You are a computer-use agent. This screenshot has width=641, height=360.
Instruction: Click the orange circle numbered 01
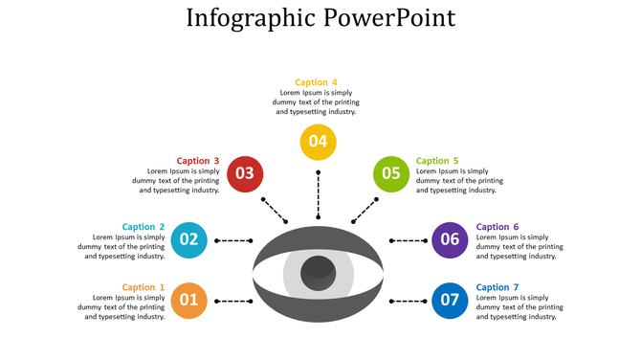tap(189, 301)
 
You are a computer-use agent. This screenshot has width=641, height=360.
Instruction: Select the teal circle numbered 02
tap(189, 239)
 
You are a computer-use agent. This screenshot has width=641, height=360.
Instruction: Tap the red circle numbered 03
tap(245, 173)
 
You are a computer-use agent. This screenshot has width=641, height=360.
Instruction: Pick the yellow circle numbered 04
tap(318, 142)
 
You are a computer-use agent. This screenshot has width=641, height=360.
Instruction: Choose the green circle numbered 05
tap(391, 173)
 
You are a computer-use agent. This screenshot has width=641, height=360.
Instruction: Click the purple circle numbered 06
tap(450, 239)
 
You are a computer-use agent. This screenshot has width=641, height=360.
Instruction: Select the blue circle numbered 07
tap(450, 301)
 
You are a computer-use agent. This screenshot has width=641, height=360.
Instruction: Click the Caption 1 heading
tap(144, 287)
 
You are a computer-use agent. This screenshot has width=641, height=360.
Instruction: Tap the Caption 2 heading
tap(144, 227)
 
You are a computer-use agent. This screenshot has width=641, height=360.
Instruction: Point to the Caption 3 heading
tap(198, 161)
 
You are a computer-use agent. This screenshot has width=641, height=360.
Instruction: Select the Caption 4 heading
tap(316, 82)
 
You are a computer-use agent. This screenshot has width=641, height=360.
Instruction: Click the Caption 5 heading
tap(437, 161)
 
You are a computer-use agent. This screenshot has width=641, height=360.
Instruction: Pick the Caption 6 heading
tap(497, 227)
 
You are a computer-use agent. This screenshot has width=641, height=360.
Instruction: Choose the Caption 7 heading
tap(497, 287)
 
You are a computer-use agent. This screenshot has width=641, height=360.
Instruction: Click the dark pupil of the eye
tap(318, 273)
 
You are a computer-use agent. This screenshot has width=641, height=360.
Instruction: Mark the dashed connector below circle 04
tap(318, 194)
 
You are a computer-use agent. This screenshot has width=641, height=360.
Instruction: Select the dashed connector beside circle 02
tap(233, 240)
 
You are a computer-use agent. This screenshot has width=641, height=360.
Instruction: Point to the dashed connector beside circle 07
tap(409, 302)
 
